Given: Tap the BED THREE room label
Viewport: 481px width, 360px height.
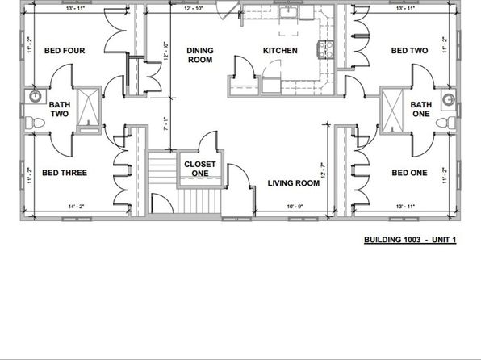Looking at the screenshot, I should pyautogui.click(x=64, y=173).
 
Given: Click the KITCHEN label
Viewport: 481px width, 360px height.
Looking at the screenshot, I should pyautogui.click(x=280, y=51).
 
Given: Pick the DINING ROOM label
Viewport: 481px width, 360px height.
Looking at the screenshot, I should pyautogui.click(x=200, y=55).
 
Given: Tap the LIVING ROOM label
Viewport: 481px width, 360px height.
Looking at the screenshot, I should pyautogui.click(x=294, y=183).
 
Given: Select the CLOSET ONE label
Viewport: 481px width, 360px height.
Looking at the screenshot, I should pyautogui.click(x=199, y=169).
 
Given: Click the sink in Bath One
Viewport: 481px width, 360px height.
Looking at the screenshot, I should pyautogui.click(x=446, y=98).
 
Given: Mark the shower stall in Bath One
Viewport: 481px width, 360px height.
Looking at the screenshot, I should pyautogui.click(x=393, y=109).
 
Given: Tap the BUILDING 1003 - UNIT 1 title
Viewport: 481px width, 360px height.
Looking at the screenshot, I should pyautogui.click(x=409, y=241).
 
